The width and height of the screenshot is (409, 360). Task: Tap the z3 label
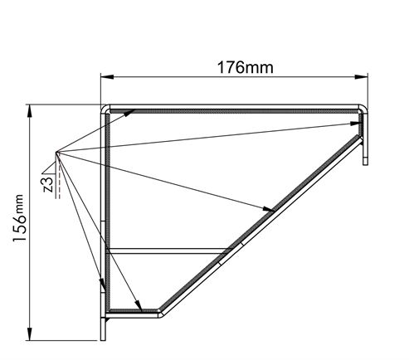[48, 184]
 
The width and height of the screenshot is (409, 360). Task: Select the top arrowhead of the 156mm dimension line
[31, 109]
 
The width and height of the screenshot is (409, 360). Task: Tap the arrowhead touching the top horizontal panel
[131, 114]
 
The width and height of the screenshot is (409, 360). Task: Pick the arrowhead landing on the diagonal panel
[270, 210]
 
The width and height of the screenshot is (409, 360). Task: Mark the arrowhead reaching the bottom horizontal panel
[139, 306]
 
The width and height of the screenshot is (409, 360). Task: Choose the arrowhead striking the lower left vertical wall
[103, 287]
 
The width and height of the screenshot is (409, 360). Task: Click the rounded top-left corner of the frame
[105, 109]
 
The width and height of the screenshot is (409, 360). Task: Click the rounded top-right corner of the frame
[362, 109]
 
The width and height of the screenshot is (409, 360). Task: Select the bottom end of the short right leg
[364, 162]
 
